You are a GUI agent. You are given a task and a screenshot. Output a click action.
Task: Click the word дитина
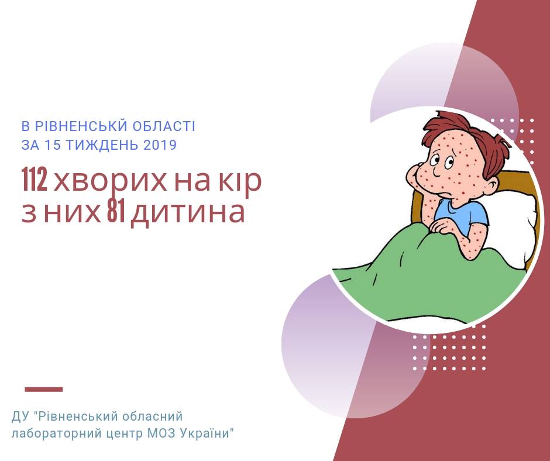[188, 213]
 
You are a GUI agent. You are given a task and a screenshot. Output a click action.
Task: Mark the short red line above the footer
[44, 389]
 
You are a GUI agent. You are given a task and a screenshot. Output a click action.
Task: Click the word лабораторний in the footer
[56, 434]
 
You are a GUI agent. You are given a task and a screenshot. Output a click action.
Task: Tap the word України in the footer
[205, 434]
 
